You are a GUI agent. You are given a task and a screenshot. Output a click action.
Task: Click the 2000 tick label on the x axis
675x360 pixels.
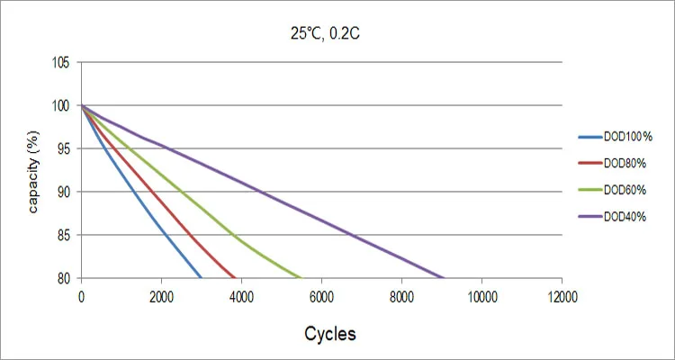click(x=161, y=296)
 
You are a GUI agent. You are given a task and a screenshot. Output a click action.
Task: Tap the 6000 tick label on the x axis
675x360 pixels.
click(x=321, y=296)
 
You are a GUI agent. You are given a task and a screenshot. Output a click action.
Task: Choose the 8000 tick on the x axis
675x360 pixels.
click(x=401, y=296)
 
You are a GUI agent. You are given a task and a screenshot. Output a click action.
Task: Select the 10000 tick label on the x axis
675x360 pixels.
click(x=481, y=296)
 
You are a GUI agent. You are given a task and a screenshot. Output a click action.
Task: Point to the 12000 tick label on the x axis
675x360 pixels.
click(x=562, y=296)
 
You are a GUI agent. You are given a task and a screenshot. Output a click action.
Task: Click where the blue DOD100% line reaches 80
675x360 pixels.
click(x=201, y=277)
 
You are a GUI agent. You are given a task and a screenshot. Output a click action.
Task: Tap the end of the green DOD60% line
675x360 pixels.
click(x=301, y=277)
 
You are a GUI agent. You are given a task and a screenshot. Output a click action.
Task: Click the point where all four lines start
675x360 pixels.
click(x=82, y=106)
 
